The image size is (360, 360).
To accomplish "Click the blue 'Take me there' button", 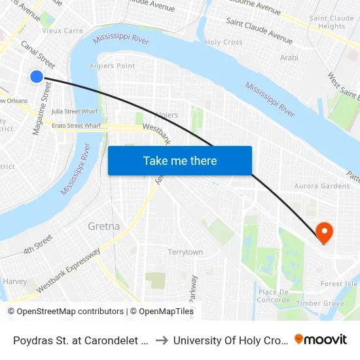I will pos(180,160).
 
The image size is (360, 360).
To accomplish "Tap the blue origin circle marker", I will pos(37,77).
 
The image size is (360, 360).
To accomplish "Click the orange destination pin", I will pos(323,232).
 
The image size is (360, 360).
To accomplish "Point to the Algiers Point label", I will pos(117,65).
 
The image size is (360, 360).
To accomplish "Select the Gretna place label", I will pos(103,226).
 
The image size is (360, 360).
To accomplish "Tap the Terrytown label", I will pos(185,252).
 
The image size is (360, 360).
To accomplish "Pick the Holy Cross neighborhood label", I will pos(224,42).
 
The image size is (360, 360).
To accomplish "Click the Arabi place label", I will pos(289,58).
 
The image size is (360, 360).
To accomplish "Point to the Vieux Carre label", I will pos(62,31).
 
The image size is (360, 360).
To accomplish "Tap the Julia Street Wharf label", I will pos(75,111).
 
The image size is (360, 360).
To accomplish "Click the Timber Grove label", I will pos(320,303).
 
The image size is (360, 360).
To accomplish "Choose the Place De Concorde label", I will pos(274,296).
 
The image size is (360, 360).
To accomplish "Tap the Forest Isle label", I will pos(339,284).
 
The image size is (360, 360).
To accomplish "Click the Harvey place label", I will pos(14,281).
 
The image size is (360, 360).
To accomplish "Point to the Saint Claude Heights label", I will pos(327,22).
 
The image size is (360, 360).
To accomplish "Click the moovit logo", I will pos(320,339).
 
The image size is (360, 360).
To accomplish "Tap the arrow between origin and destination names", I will pos(161,340).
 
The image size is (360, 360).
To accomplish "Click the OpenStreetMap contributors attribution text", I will pos(66,312).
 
